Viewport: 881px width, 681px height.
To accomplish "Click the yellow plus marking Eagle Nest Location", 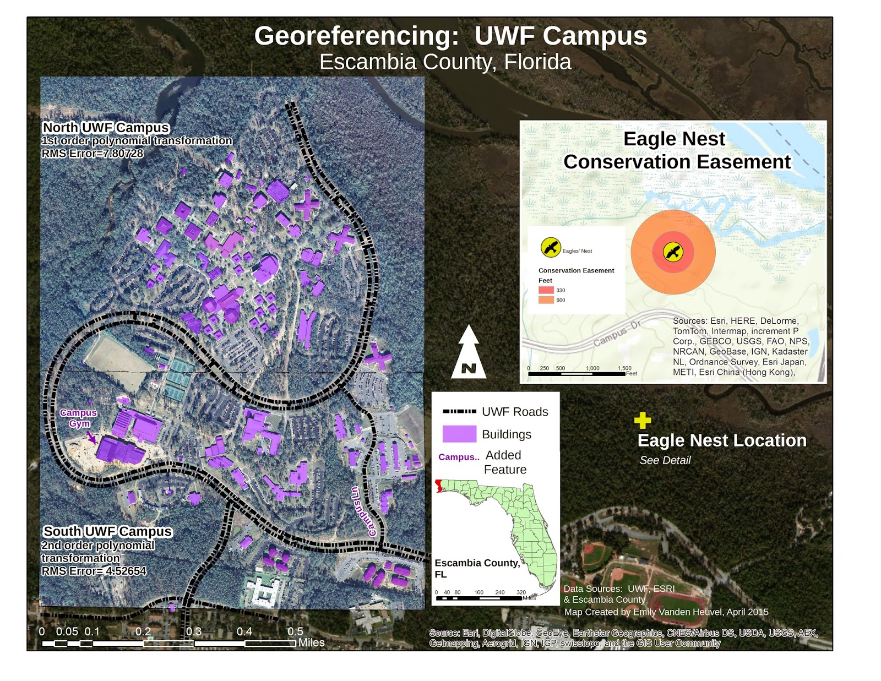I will point(642,421).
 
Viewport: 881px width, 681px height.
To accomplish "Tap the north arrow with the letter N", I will point(469,353).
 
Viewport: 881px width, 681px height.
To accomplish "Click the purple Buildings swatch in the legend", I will point(459,434).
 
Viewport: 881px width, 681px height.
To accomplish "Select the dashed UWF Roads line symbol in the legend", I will point(459,411).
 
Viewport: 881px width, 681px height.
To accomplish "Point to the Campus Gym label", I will point(79,418).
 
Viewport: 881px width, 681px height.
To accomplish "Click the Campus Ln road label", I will point(364,511).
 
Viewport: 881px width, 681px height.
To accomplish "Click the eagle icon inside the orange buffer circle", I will point(673,252).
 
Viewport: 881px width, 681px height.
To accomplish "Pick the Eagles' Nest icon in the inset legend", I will point(550,247).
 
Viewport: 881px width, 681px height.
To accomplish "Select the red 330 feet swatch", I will point(546,290).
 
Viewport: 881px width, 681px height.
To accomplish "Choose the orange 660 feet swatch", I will point(546,300).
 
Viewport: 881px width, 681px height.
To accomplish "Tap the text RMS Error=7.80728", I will point(93,154).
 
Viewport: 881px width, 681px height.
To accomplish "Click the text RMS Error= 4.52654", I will point(94,571).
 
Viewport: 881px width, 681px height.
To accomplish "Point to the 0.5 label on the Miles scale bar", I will point(295,631).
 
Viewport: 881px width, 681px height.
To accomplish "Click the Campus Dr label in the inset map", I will point(617,334).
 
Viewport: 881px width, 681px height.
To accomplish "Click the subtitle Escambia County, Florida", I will point(445,62).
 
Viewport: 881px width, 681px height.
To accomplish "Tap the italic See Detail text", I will point(665,460).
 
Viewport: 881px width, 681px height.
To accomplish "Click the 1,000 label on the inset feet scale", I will point(592,368).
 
